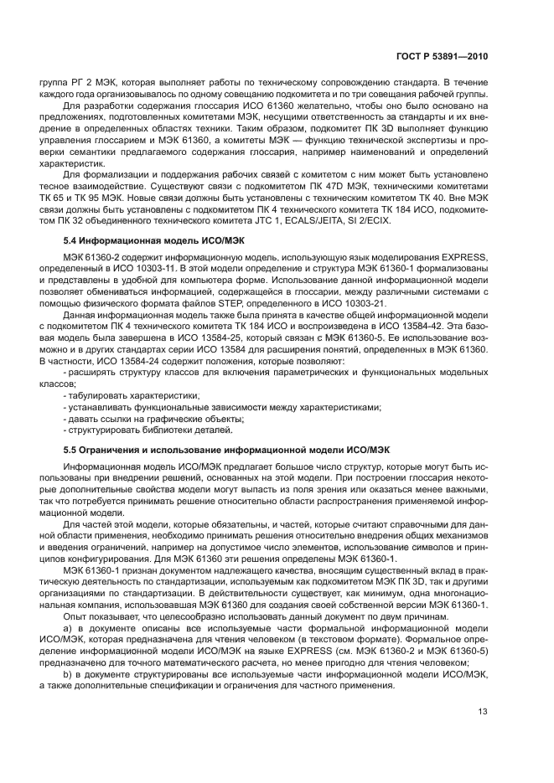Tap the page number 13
pyautogui.click(x=482, y=712)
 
